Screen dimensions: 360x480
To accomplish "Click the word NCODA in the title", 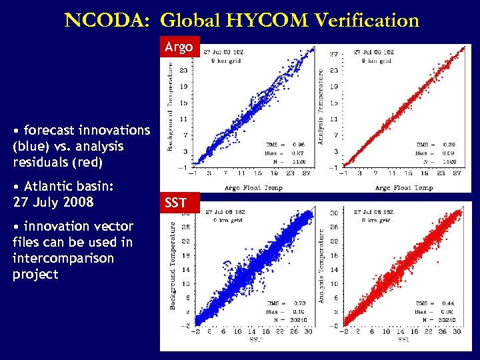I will coord(106,21).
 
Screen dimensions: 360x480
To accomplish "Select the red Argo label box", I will coord(179,47).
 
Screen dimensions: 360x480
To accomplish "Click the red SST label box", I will coord(175,203).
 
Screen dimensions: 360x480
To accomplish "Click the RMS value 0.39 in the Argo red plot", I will coord(450,144).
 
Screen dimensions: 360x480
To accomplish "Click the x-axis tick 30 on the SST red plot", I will coord(458,332).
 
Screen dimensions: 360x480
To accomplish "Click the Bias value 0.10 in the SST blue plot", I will coord(298,311).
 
